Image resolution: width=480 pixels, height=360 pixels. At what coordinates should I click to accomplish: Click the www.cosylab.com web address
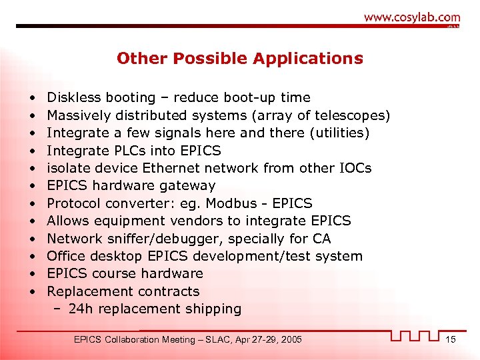411,17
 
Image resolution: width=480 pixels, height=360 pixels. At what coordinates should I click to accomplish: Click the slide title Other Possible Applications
240,59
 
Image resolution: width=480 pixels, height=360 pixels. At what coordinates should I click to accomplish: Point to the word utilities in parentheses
339,133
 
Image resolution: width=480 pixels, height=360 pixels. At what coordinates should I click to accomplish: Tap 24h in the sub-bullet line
79,309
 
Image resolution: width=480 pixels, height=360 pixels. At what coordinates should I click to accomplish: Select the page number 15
450,340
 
